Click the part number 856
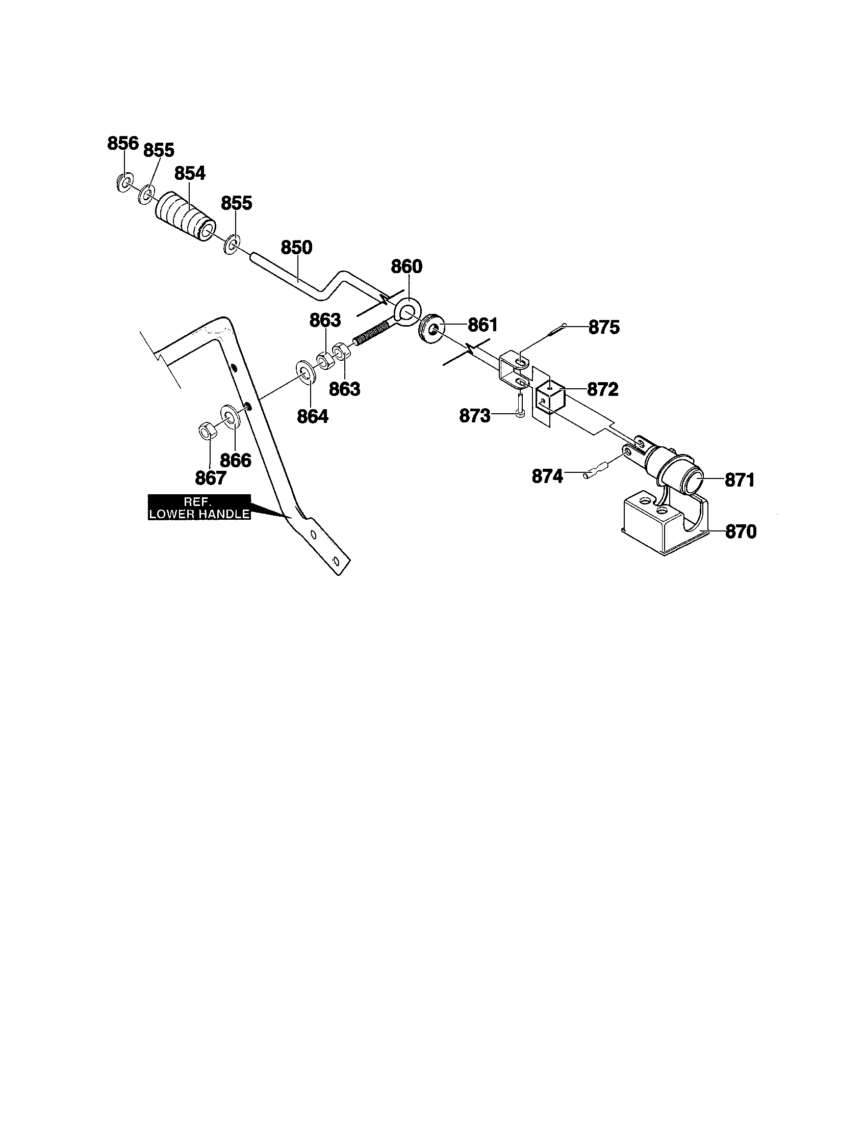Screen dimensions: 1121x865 pos(123,143)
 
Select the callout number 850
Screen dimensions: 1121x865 pos(296,248)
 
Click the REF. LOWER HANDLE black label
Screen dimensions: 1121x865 pos(199,507)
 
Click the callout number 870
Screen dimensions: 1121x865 pos(741,532)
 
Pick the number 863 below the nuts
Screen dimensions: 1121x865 pos(345,389)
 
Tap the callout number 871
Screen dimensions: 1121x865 pos(740,481)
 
